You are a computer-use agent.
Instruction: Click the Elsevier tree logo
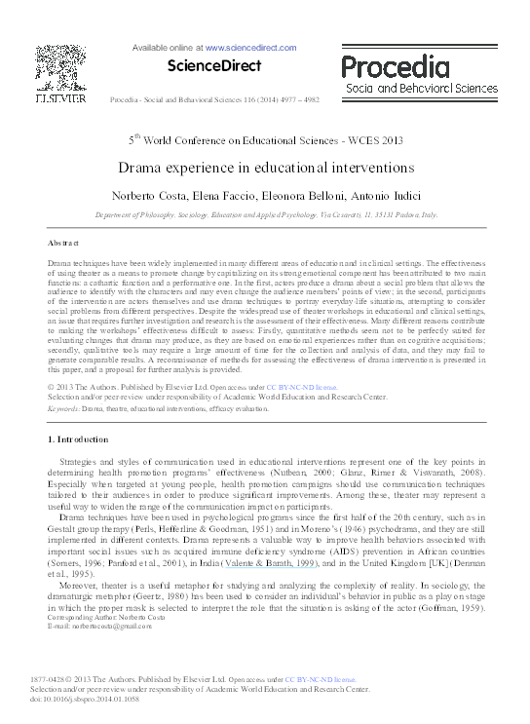(x=57, y=65)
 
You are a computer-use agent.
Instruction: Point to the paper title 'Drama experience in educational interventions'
(x=266, y=168)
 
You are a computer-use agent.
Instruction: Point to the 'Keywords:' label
(x=63, y=409)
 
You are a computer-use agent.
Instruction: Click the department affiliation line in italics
(x=266, y=213)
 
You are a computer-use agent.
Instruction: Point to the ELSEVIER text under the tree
(x=57, y=97)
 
